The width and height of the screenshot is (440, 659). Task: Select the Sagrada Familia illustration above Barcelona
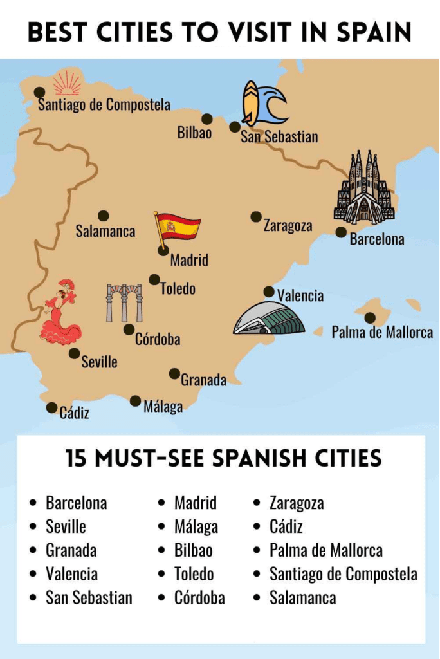364,188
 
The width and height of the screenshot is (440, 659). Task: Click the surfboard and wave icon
263,103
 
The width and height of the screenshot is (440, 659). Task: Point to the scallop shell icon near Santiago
67,84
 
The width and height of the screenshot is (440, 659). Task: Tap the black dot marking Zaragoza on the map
256,217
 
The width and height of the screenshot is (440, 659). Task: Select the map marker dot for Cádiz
51,407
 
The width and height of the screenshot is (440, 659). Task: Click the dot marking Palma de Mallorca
370,318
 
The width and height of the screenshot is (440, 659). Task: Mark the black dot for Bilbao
207,119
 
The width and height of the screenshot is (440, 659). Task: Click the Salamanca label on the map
105,231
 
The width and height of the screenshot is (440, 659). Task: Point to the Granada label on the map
203,380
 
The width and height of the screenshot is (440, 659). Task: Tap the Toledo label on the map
178,288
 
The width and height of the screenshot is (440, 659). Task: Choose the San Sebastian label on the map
279,137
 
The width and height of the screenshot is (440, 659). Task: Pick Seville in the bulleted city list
66,526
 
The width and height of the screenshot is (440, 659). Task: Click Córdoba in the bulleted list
199,597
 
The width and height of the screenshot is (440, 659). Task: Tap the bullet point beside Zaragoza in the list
257,503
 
